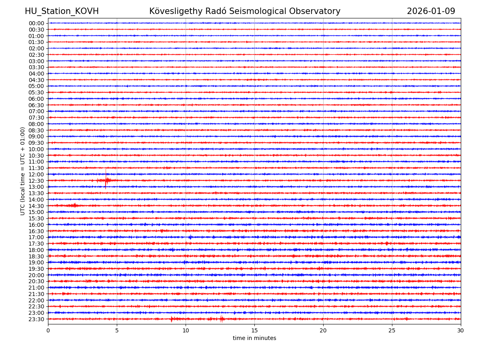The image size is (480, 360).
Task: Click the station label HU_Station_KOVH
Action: point(62,11)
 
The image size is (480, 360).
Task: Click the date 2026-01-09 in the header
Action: point(431,11)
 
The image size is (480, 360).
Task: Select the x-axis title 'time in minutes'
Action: point(254,338)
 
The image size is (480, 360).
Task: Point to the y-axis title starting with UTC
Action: point(23,171)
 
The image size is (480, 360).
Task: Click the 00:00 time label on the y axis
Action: point(36,23)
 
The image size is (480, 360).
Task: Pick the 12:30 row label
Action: point(36,181)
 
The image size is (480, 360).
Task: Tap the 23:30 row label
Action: point(36,319)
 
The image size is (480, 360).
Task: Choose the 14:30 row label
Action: point(36,206)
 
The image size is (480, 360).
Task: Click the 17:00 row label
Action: point(36,237)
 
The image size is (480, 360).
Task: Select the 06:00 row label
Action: point(36,99)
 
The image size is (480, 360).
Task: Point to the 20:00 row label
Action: point(36,275)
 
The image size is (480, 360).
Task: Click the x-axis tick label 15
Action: point(254,330)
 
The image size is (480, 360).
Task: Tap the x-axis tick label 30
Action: point(461,330)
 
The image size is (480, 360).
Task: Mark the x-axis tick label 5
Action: point(117,330)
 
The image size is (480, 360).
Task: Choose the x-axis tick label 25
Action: point(392,330)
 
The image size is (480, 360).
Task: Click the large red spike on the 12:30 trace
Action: point(106,180)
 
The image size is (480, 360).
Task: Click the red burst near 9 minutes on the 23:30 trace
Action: point(172,319)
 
